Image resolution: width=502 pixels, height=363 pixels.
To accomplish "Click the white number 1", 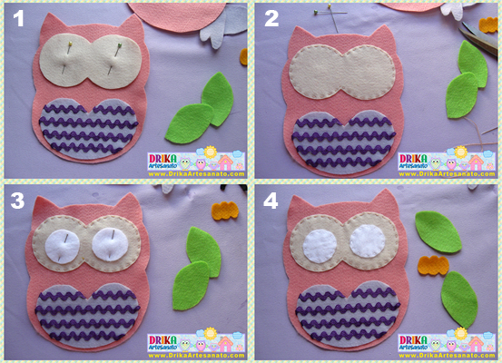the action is coord(19,18).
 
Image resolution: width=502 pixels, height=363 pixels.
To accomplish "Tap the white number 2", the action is coord(271,18).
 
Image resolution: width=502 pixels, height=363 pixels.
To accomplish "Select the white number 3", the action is coord(17,201).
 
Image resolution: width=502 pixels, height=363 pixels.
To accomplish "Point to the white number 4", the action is coord(271,201).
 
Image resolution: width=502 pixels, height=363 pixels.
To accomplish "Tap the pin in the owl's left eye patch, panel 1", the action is coord(66,57).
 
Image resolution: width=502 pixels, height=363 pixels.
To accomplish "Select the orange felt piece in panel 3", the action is coord(225,211).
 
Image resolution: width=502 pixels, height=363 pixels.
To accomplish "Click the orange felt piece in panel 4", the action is coord(433,265).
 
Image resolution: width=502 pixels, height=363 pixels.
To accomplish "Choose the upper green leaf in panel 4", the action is coord(438,231).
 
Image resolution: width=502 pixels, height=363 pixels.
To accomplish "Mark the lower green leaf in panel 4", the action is coord(459,299).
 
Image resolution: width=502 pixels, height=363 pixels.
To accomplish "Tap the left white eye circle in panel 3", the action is coord(62,247).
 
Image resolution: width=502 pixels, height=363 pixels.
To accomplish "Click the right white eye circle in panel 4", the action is coord(368,240).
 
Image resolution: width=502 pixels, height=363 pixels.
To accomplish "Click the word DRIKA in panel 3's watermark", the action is coord(162,340).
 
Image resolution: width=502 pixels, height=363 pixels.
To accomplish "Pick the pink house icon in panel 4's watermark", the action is coord(476,342).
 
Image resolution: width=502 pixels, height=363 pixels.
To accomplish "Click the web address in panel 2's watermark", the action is coord(447,174).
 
